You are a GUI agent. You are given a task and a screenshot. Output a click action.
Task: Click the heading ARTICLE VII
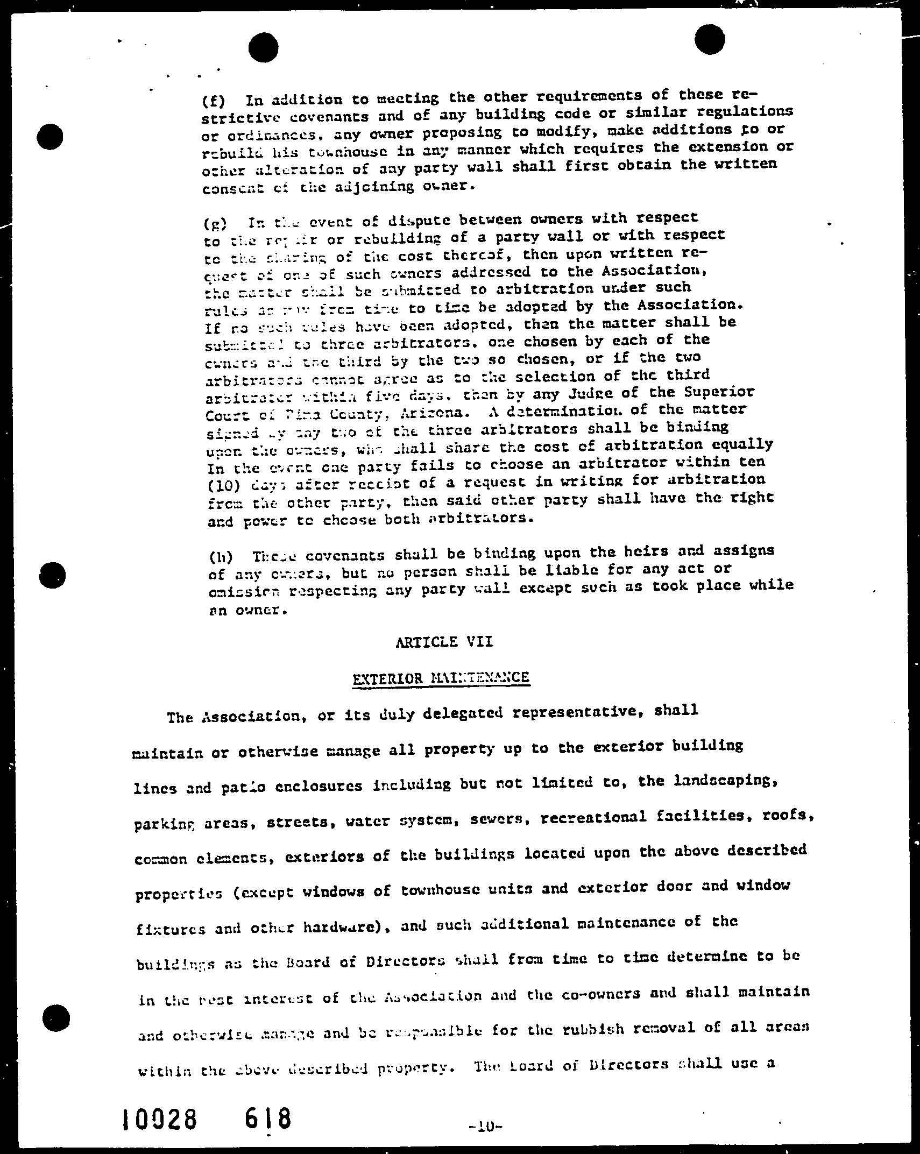444,642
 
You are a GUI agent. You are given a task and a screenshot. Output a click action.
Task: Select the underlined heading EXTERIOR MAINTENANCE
441,678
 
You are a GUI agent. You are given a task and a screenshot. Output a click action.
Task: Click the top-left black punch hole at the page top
263,47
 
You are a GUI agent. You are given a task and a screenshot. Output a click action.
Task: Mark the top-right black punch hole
709,39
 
